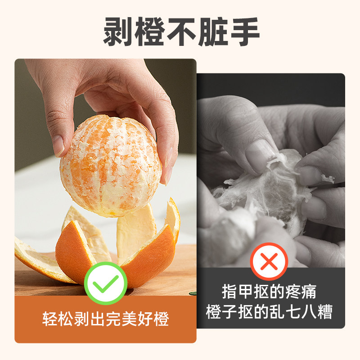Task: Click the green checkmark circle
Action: click(106, 283)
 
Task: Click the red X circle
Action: click(269, 261)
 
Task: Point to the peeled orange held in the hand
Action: click(110, 164)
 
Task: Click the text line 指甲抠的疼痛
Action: click(269, 292)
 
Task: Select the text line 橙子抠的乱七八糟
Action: click(269, 311)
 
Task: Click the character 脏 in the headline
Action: click(213, 32)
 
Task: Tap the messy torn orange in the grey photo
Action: click(265, 193)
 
